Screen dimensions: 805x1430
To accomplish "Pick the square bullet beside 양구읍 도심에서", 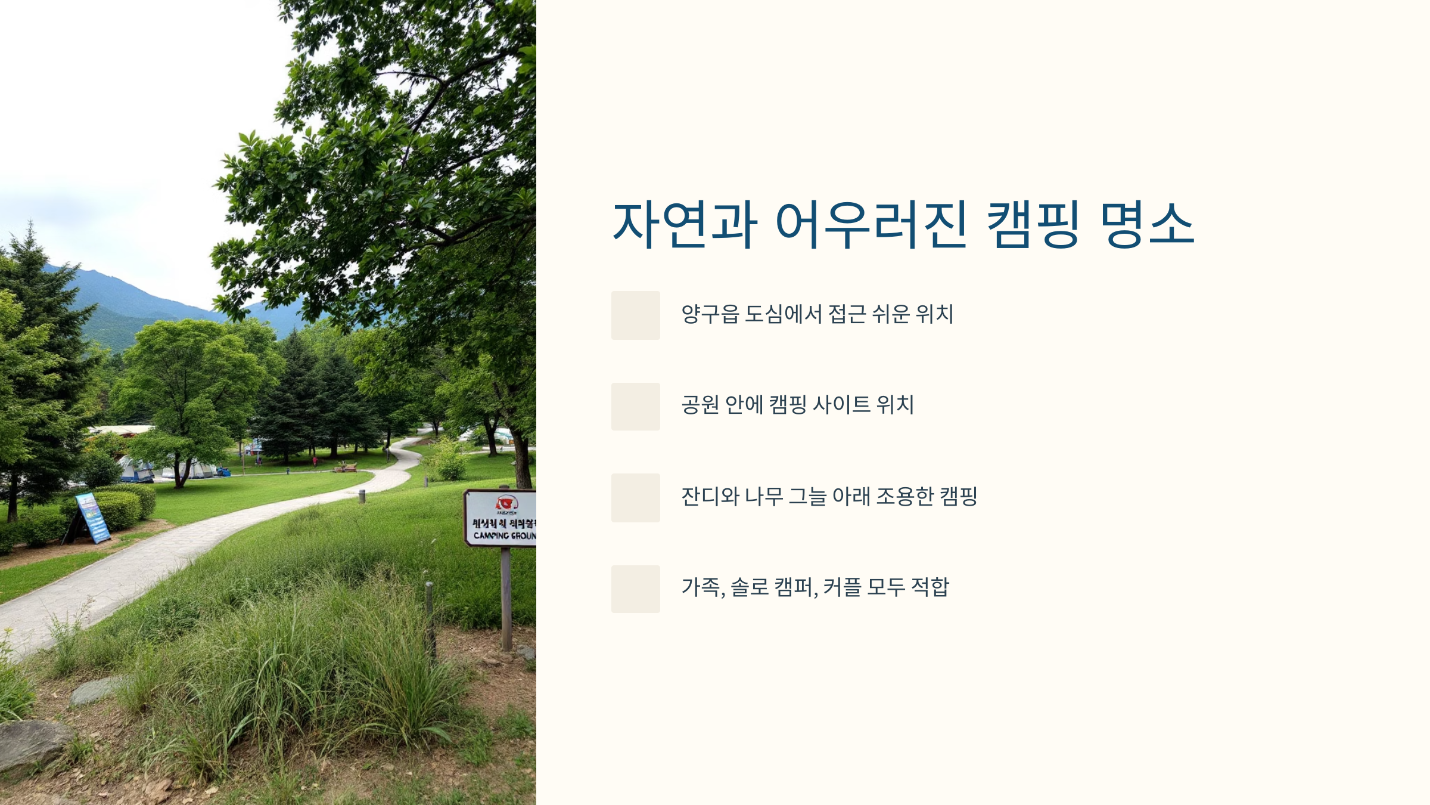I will coord(635,315).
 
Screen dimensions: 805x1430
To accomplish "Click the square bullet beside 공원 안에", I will coord(635,407).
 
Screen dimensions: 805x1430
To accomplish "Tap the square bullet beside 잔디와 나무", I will coord(635,498).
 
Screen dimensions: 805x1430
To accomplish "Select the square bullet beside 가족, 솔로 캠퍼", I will coord(635,589).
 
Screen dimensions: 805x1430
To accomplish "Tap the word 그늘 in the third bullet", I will coord(807,496).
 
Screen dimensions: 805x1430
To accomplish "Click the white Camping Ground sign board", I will coord(501,518).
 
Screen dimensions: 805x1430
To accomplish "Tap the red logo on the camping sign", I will coord(506,503).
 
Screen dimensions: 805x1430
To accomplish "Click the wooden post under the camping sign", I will coord(506,596).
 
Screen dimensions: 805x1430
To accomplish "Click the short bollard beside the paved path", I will coord(362,496).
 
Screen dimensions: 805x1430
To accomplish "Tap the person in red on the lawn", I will coord(314,460).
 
